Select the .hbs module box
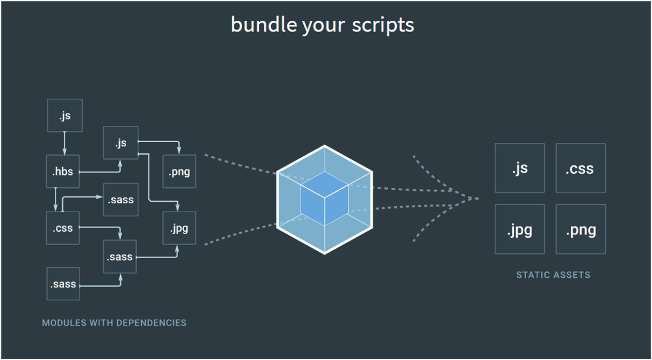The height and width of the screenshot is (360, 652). [x=63, y=171]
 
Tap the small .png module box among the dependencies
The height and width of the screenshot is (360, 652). [x=179, y=171]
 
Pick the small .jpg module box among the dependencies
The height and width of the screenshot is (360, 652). [x=179, y=228]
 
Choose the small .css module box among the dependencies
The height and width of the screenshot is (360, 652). [x=63, y=228]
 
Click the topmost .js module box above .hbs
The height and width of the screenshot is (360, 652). [x=65, y=115]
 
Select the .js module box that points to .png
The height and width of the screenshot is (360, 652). [x=121, y=143]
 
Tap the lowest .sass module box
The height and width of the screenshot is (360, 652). [x=63, y=284]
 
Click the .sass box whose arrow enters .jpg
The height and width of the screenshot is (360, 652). [x=120, y=257]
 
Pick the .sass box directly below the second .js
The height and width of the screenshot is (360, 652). [x=121, y=200]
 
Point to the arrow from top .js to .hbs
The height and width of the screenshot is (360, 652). [x=65, y=143]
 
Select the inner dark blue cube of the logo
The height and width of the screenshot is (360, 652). [x=324, y=199]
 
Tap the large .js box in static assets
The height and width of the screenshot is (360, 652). [x=520, y=168]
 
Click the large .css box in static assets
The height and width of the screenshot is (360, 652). [x=581, y=168]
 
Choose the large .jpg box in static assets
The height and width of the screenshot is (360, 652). [x=520, y=229]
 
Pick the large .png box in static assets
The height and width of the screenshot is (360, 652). [x=581, y=229]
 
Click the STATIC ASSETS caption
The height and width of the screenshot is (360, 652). [x=553, y=275]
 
